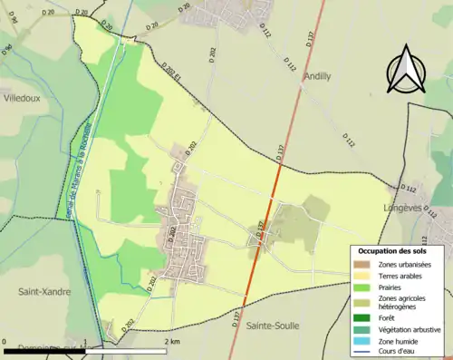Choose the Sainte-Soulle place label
[x=274, y=324]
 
